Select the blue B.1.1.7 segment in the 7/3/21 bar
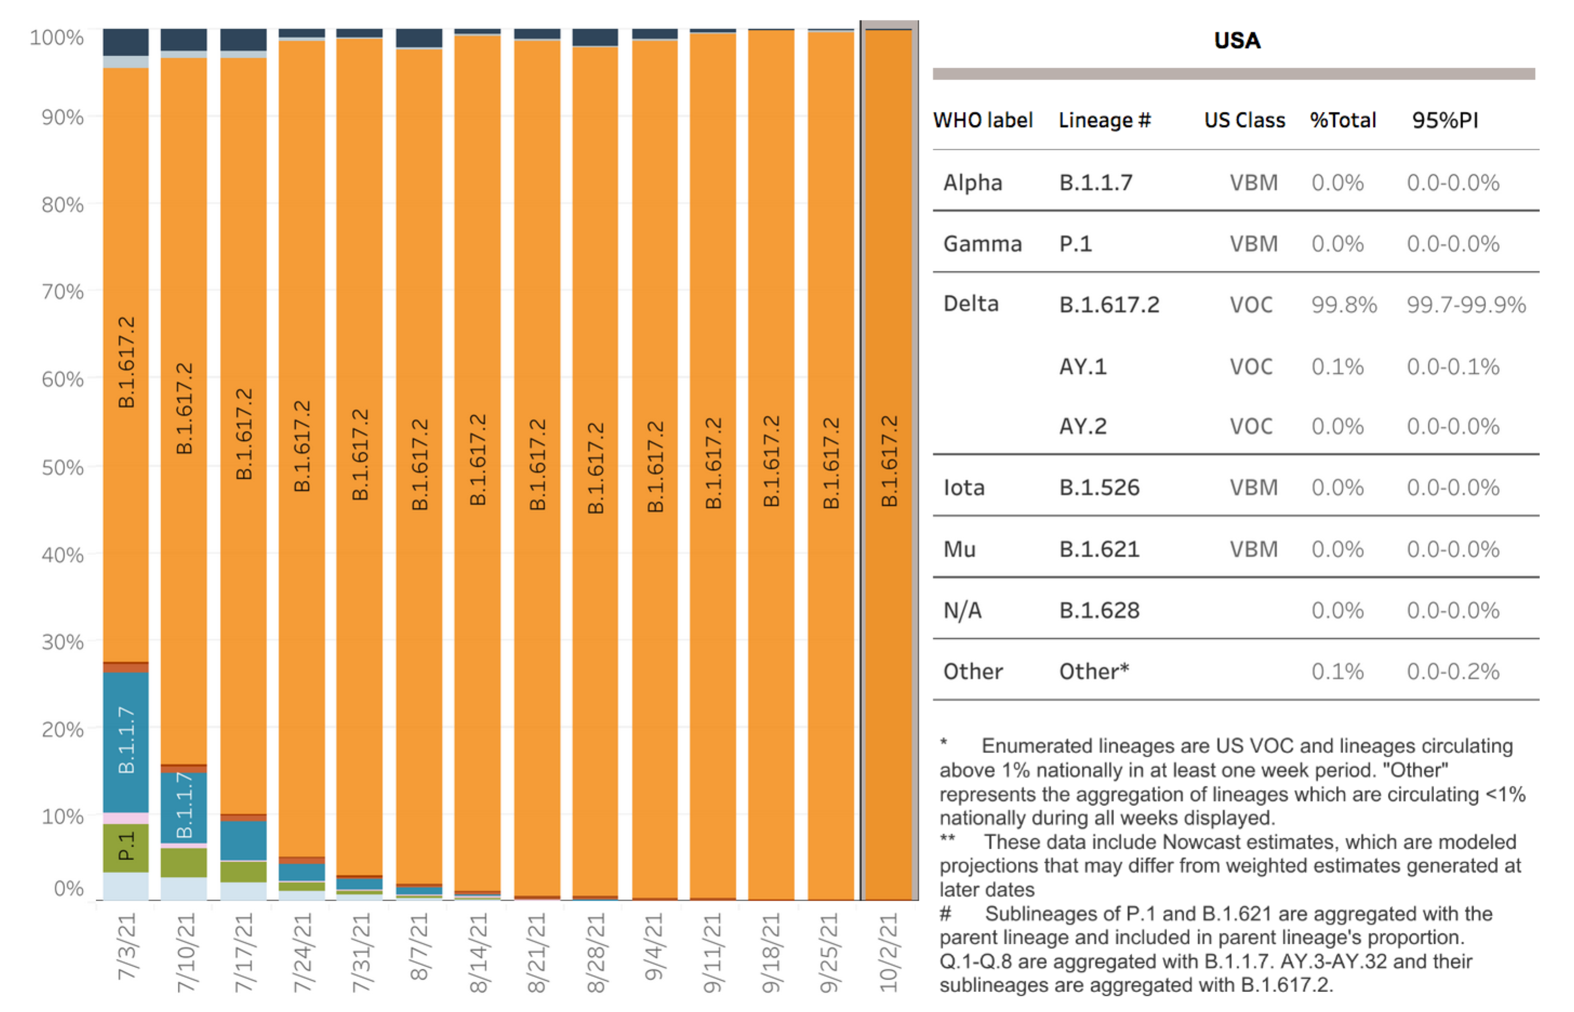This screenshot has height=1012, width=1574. [125, 743]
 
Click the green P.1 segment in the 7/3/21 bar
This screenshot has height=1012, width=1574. [125, 848]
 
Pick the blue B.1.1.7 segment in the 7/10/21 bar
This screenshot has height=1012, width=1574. [184, 808]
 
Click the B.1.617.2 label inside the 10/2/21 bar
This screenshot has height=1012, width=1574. [888, 461]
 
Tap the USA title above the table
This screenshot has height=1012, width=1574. [1237, 41]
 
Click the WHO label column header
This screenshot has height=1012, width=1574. [983, 120]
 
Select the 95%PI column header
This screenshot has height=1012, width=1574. [1445, 120]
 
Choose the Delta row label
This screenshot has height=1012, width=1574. [971, 304]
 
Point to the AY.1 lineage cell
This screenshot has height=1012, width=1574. [1083, 366]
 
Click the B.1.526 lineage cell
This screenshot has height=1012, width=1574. [1099, 488]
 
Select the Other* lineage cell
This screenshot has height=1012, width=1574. [1094, 671]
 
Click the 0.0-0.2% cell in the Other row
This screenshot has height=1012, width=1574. [1453, 671]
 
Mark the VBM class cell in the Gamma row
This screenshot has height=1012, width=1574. [1253, 244]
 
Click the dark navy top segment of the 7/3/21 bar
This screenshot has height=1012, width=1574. [125, 42]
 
